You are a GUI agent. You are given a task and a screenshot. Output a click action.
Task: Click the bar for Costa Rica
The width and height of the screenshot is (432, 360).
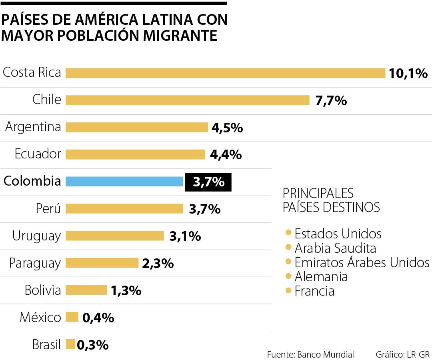pos(225,73)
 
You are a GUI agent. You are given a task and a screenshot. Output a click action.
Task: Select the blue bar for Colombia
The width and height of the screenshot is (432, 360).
pos(124,182)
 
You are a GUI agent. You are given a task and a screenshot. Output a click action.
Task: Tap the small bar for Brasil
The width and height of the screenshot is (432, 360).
pos(70,344)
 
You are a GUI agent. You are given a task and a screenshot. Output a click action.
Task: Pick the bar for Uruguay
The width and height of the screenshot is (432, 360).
pos(115,236)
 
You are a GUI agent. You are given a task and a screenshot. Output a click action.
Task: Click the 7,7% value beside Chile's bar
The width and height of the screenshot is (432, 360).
pos(331,100)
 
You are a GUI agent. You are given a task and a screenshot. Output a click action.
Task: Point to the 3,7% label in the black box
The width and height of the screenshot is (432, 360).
pos(208,182)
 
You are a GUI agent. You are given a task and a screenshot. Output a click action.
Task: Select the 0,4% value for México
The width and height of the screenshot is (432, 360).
pos(98,318)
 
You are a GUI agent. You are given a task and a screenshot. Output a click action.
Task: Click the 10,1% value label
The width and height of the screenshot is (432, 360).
pos(408,74)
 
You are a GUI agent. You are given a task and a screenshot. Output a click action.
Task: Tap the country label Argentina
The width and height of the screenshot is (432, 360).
pos(33,127)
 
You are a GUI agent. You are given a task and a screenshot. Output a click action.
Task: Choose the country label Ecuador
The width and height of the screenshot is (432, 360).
pos(38,154)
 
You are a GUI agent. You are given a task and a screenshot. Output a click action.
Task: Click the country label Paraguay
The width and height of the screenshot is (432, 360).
pos(35,263)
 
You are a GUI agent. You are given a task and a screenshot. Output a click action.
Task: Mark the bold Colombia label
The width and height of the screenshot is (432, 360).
pos(32,181)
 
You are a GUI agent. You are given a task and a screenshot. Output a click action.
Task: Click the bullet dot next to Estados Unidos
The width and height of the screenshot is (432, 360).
pos(288,233)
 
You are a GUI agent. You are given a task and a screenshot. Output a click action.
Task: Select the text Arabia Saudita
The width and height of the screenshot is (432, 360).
pos(335,248)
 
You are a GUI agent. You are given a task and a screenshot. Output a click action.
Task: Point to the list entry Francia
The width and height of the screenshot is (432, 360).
pos(314,291)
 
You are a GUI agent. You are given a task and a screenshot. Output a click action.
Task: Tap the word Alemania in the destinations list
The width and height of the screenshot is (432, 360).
pos(321,277)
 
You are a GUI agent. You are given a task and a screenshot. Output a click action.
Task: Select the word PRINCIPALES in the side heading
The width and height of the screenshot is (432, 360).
pos(318,193)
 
